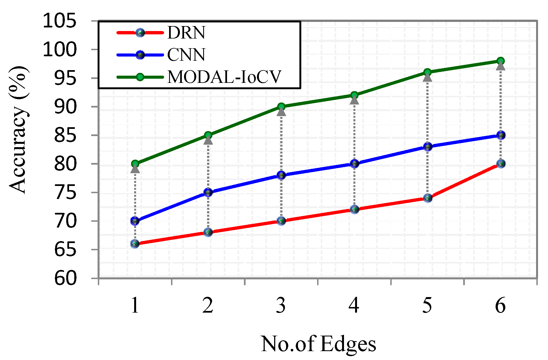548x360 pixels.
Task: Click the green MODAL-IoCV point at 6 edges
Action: (501, 61)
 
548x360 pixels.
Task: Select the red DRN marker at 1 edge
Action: (135, 244)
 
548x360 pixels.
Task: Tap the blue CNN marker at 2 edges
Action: (208, 192)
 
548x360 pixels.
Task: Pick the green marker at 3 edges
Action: (281, 106)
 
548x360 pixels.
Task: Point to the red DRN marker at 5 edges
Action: (428, 198)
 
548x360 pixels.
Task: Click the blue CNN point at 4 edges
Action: (355, 164)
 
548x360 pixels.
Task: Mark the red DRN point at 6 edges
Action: (501, 164)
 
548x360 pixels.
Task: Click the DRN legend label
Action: (186, 33)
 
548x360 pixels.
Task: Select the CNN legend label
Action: (186, 55)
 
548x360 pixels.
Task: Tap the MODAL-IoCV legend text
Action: (224, 77)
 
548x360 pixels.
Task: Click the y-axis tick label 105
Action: (59, 21)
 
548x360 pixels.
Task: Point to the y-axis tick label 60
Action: (65, 278)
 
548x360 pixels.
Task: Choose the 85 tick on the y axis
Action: (65, 136)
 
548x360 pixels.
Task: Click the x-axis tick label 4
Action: (354, 305)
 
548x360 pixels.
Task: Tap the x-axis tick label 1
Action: (135, 305)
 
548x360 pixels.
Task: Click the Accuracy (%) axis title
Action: (18, 130)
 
